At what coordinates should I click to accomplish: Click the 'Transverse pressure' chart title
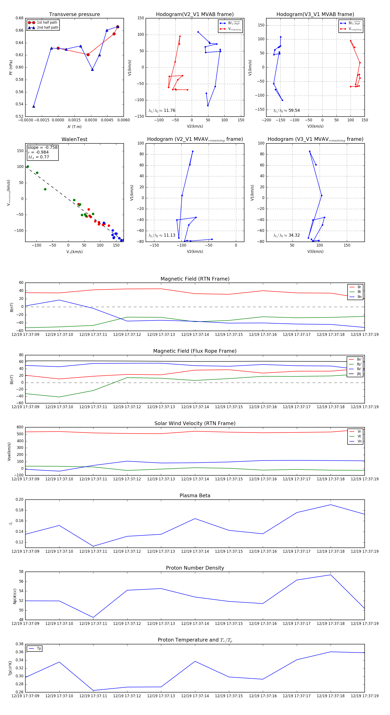pos(74,15)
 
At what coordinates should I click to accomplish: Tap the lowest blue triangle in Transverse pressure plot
pos(34,106)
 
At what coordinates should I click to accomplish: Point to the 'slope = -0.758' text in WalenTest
pos(42,147)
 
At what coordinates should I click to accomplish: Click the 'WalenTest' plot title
pos(74,139)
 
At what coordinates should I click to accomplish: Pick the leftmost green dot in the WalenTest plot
pos(28,167)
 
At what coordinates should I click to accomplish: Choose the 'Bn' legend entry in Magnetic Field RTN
pos(359,297)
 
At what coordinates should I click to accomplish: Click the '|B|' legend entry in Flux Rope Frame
pos(359,374)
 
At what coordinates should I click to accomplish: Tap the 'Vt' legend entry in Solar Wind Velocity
pos(359,436)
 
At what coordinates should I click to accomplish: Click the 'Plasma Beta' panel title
pos(195,496)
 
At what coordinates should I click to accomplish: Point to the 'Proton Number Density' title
pos(195,568)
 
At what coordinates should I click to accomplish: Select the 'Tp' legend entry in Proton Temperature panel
pos(39,648)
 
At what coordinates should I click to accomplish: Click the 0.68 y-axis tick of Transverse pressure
pos(19,18)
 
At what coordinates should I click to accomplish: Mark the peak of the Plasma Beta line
pos(331,505)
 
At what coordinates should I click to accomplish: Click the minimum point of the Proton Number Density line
pos(93,617)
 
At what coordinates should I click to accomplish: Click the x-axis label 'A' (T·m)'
pos(74,127)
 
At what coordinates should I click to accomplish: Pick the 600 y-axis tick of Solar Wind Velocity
pos(20,427)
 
